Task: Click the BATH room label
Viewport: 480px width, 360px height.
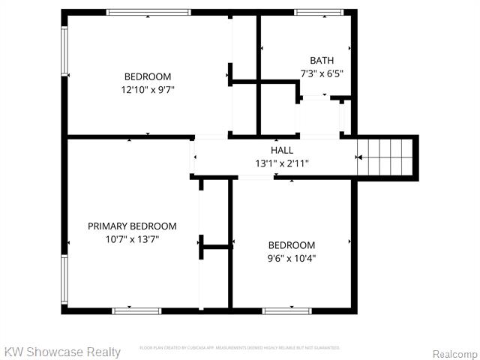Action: (322, 61)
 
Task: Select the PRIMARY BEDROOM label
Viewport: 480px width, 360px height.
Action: (132, 226)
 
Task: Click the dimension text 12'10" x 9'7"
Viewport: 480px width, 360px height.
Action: (148, 89)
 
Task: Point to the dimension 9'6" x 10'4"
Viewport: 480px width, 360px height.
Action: (292, 258)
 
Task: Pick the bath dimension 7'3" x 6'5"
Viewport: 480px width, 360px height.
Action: (322, 73)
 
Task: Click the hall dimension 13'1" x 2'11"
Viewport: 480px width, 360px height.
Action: (282, 163)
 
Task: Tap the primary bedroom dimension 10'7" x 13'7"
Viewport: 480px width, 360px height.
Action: (132, 239)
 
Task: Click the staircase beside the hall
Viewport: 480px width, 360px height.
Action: (385, 157)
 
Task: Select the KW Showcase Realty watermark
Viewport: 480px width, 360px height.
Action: (62, 352)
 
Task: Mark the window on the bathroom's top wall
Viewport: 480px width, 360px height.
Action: (318, 12)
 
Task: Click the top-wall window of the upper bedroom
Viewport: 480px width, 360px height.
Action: (148, 12)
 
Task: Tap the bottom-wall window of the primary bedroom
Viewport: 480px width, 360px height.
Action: (136, 310)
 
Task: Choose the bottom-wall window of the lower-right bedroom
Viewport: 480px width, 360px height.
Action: (286, 310)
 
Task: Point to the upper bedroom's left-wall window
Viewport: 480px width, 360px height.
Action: (64, 51)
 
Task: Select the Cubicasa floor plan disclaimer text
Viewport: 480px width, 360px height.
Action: (240, 348)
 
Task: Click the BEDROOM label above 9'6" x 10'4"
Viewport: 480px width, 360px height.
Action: (292, 245)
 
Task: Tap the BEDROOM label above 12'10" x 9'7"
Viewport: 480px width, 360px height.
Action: (148, 76)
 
